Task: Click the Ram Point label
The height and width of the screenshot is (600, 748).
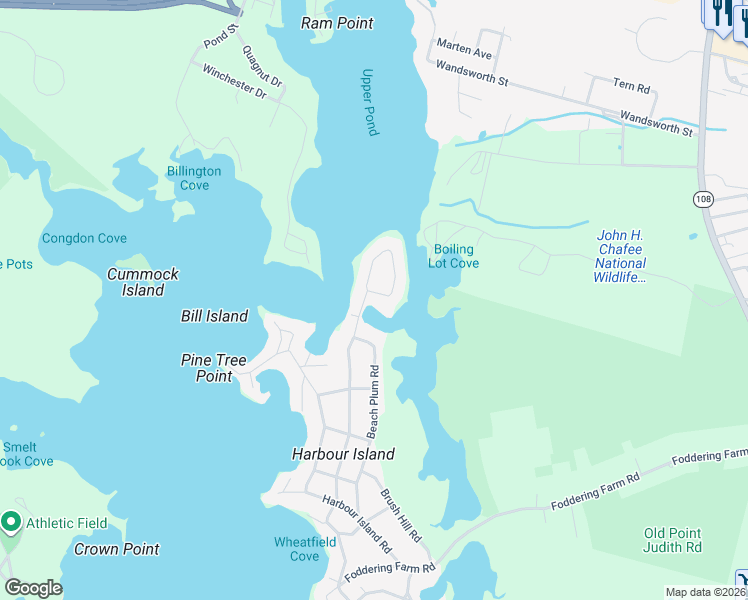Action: [x=336, y=23]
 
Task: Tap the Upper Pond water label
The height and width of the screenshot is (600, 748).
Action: [x=370, y=101]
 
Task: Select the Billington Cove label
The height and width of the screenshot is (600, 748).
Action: [x=194, y=178]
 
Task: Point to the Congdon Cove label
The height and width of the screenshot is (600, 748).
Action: [x=84, y=238]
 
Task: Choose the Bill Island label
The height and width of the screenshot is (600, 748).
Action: [x=214, y=316]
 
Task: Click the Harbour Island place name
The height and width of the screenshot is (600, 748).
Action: [x=343, y=454]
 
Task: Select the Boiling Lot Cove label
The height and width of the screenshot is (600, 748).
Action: [x=453, y=256]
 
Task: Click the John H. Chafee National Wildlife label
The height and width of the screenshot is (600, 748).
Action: [x=620, y=256]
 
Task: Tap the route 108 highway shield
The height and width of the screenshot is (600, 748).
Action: [x=702, y=200]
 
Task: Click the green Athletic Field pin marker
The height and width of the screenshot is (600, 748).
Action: [x=12, y=521]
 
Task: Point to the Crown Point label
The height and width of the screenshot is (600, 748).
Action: [x=116, y=549]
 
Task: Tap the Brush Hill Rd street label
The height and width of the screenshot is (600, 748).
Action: [x=400, y=516]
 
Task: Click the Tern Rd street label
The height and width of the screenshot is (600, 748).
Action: [x=632, y=86]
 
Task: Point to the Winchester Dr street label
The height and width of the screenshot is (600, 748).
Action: [x=235, y=82]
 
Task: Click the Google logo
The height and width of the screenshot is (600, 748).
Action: [x=33, y=588]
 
